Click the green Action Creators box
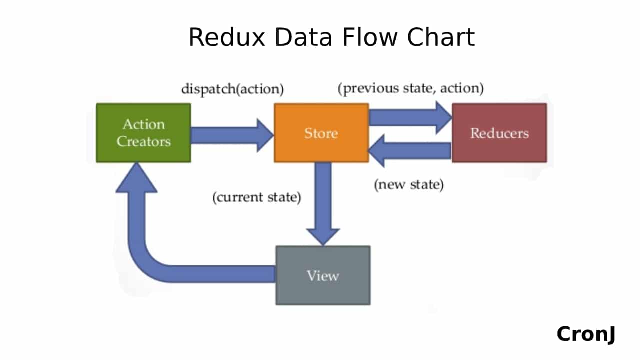point(143,133)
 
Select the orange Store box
point(321,133)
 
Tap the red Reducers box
point(499,133)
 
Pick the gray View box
point(323,275)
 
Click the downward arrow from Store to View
point(323,200)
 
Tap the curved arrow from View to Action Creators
point(150,250)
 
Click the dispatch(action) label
point(232,89)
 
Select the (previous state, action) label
point(411,88)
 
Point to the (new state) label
point(409,184)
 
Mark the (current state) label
point(257,197)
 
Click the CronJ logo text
point(586,334)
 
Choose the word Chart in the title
point(440,37)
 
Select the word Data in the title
point(304,37)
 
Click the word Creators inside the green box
point(143,142)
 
